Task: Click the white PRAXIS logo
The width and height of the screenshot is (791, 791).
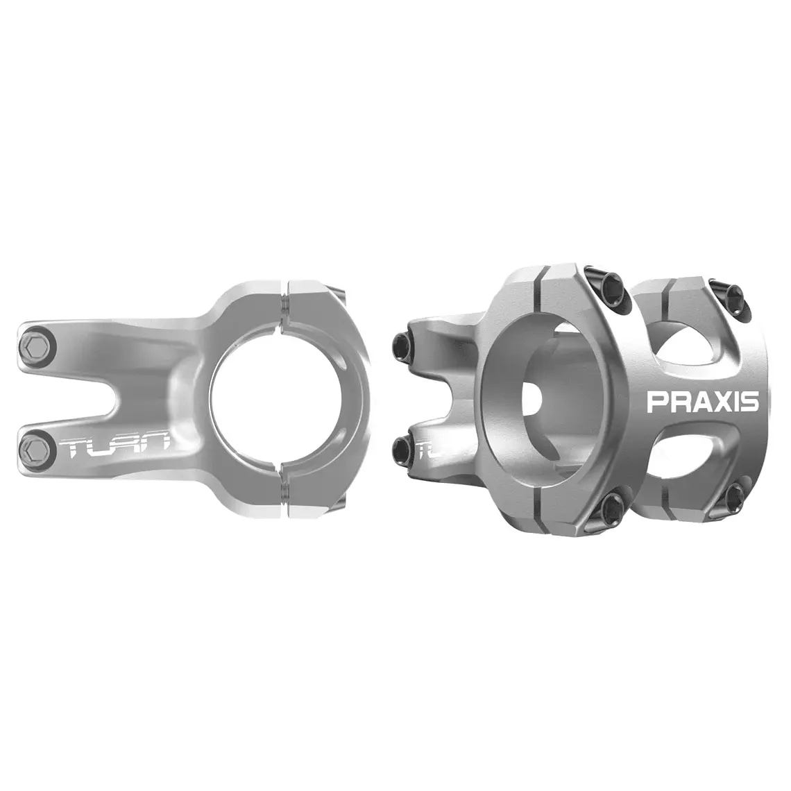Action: [x=702, y=402]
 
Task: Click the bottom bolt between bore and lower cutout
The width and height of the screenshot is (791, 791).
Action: [x=613, y=510]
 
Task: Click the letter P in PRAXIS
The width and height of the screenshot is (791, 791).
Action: [x=656, y=402]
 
